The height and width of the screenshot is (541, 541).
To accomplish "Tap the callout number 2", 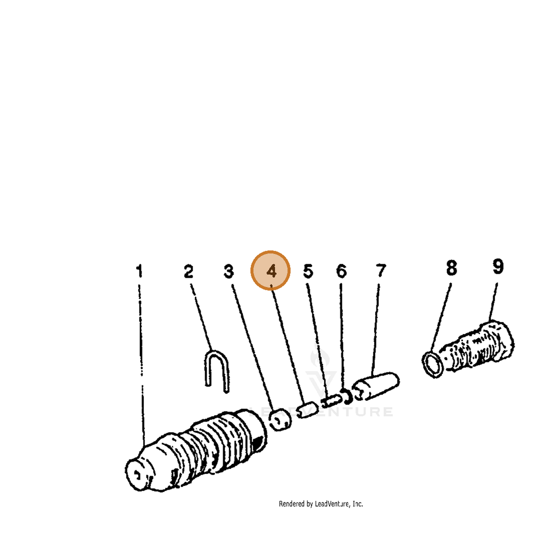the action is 188,271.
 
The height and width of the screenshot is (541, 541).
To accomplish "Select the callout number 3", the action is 229,271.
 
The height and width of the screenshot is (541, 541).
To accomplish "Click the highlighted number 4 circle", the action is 270,270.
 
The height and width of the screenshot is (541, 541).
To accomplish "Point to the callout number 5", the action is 308,271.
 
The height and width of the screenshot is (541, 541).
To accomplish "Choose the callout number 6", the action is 341,271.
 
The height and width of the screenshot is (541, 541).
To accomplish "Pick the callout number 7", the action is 381,270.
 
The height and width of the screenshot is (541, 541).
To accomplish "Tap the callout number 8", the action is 451,267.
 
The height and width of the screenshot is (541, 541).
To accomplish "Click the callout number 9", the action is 498,266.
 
